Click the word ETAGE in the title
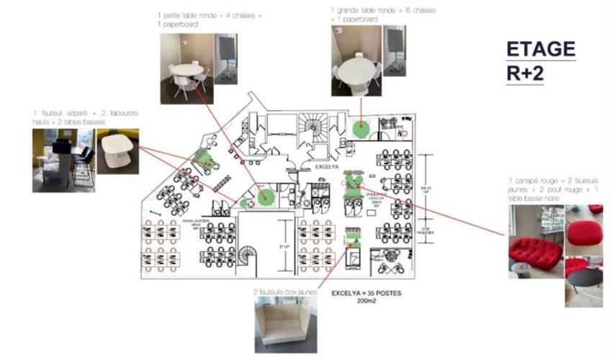[x=541, y=50]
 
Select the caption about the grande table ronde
[x=382, y=15]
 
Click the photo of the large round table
[x=356, y=66]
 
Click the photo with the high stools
[x=63, y=161]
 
